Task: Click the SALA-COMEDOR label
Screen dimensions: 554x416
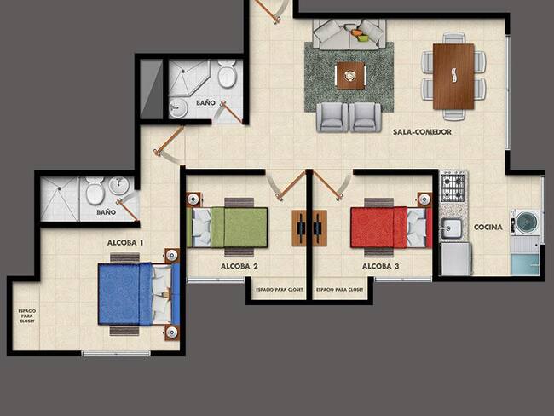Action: coord(422,132)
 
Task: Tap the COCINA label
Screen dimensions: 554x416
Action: coord(488,228)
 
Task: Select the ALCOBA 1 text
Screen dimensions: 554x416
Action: coord(125,243)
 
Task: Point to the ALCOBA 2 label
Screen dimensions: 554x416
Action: coord(239,266)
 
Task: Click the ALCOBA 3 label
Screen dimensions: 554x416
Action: coord(380,266)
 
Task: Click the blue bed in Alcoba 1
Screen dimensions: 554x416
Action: coord(139,293)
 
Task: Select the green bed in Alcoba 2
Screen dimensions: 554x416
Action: coord(227,228)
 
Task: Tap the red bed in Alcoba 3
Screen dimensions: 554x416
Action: coord(391,228)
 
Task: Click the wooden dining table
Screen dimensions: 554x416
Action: coord(453,77)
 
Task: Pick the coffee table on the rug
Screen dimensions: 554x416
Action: coord(350,75)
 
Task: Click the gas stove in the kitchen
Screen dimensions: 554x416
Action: coord(453,188)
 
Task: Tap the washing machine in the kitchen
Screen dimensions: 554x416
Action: coord(525,222)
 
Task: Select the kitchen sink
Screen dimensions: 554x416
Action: coord(451,228)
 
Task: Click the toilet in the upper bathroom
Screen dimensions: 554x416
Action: coord(227,73)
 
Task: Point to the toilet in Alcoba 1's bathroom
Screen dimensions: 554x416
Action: coord(95,190)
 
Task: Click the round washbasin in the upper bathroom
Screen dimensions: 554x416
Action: coord(178,107)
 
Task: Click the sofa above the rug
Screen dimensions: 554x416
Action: coord(349,34)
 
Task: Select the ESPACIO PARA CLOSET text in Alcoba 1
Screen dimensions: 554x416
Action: coord(27,316)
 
